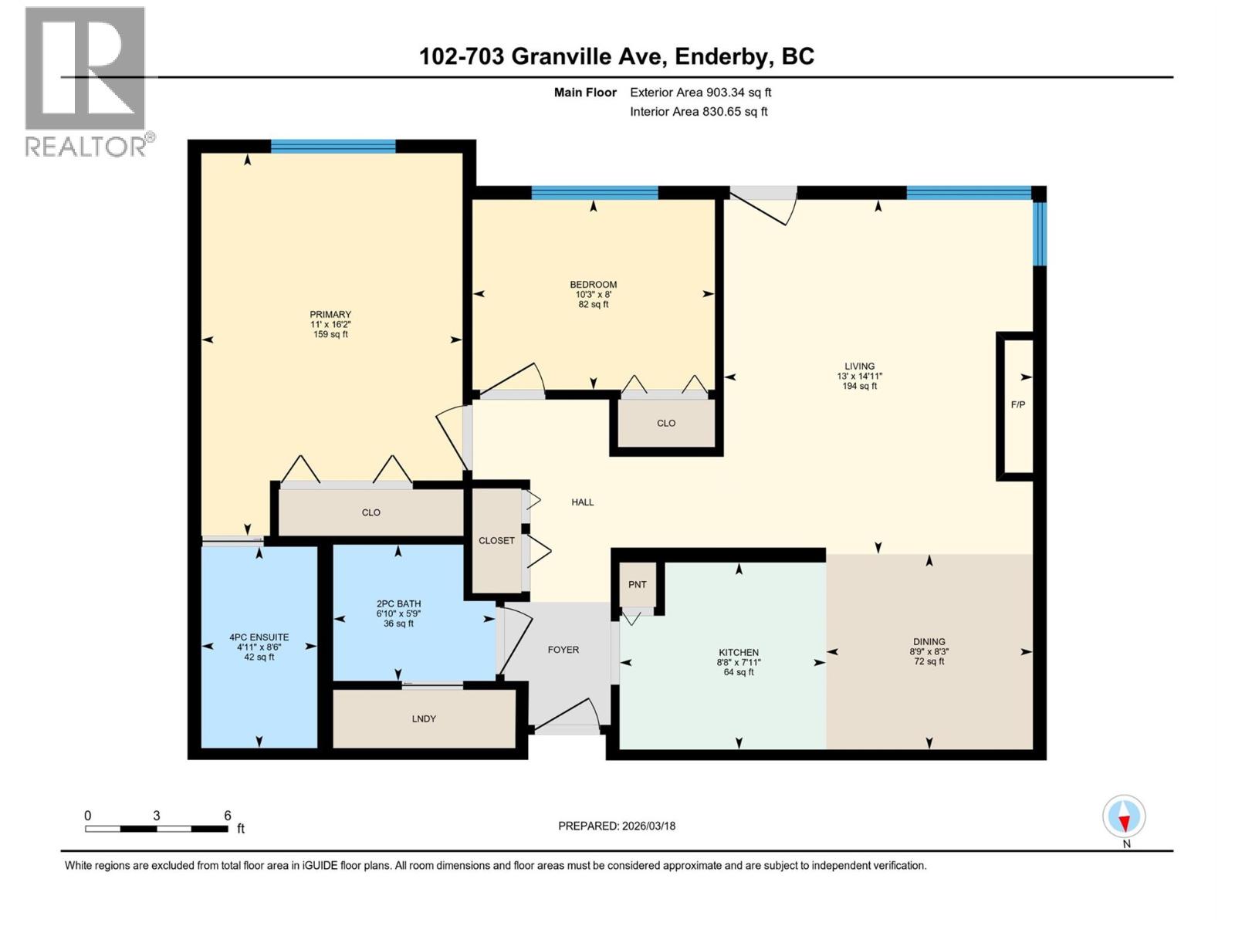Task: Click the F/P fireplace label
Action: pyautogui.click(x=1017, y=404)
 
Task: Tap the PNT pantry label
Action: pyautogui.click(x=637, y=584)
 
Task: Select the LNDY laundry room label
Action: pyautogui.click(x=424, y=718)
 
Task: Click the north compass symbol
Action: pyautogui.click(x=1124, y=816)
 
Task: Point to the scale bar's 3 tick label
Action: pyautogui.click(x=157, y=815)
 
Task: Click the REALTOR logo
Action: pyautogui.click(x=86, y=81)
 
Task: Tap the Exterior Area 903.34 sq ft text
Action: pyautogui.click(x=700, y=93)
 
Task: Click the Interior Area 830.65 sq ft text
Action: pyautogui.click(x=699, y=111)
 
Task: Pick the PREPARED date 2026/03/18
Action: pyautogui.click(x=648, y=826)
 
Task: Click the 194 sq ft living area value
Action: pyautogui.click(x=859, y=386)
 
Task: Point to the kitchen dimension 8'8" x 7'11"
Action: pyautogui.click(x=739, y=662)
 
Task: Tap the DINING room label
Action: pyautogui.click(x=929, y=641)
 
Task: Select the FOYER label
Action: pyautogui.click(x=563, y=650)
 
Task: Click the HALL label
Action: pyautogui.click(x=583, y=502)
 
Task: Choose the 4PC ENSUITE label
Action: pyautogui.click(x=259, y=637)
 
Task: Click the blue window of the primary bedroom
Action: pyautogui.click(x=333, y=146)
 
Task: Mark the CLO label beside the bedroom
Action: pyautogui.click(x=666, y=423)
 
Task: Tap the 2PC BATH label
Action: pyautogui.click(x=398, y=603)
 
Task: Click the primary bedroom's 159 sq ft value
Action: pyautogui.click(x=330, y=334)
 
